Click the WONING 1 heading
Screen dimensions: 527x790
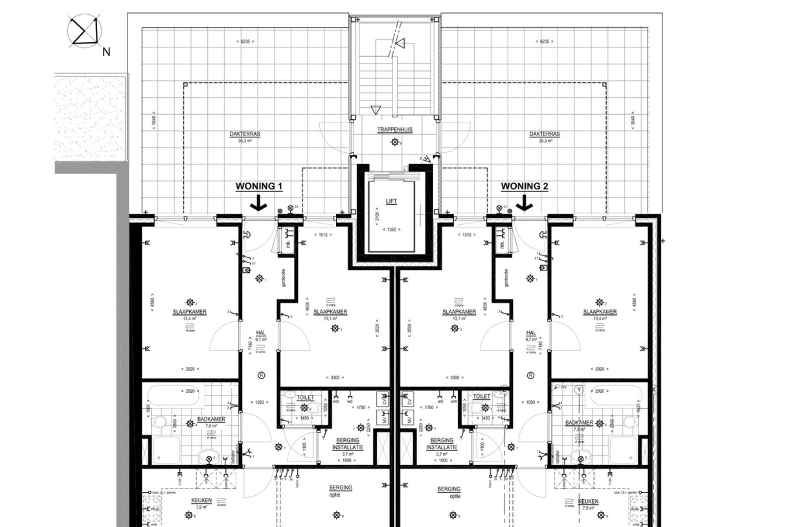[x=259, y=187]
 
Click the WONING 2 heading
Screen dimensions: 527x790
[x=525, y=187]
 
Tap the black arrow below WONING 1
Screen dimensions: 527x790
[x=258, y=204]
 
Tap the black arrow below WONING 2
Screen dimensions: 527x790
[x=525, y=204]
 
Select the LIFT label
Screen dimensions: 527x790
[x=390, y=201]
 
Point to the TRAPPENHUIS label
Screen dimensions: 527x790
[x=395, y=130]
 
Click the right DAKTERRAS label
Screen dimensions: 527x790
[x=545, y=134]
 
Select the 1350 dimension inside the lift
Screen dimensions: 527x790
[x=390, y=229]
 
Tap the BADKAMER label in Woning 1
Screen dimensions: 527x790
[x=211, y=419]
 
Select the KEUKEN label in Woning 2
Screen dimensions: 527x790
[x=588, y=502]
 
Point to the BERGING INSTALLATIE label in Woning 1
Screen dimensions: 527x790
[x=349, y=443]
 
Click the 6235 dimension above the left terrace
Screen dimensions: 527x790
[x=245, y=41]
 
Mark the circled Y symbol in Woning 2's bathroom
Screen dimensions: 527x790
[x=580, y=390]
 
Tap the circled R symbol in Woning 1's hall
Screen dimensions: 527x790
[x=261, y=375]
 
